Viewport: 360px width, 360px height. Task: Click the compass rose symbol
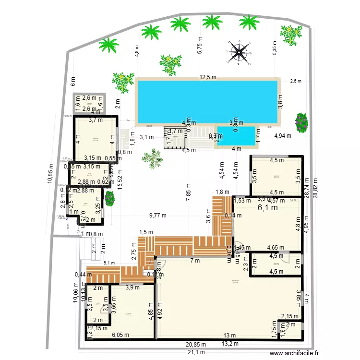[239, 52]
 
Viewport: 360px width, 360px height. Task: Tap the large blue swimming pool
[207, 101]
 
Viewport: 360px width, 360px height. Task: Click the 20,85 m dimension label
[197, 345]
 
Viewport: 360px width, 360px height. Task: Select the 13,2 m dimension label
[229, 344]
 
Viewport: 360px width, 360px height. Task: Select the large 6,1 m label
[268, 208]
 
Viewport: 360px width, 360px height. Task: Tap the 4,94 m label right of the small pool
[283, 136]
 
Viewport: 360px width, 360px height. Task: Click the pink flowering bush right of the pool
[301, 122]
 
